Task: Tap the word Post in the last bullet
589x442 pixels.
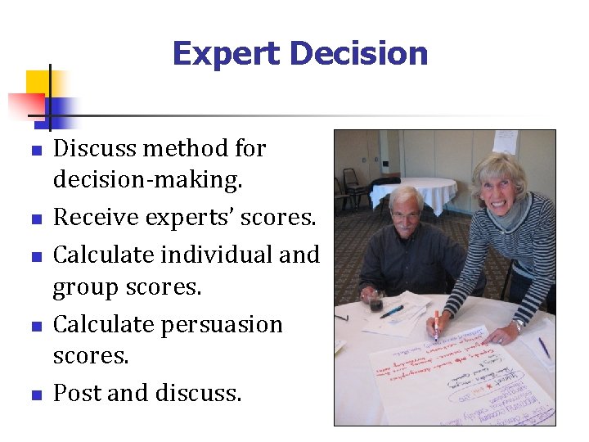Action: (78, 394)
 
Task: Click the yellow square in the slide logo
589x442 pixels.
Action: (38, 82)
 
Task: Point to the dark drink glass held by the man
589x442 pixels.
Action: (375, 302)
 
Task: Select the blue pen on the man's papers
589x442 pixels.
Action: (393, 311)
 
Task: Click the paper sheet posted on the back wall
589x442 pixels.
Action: (505, 142)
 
